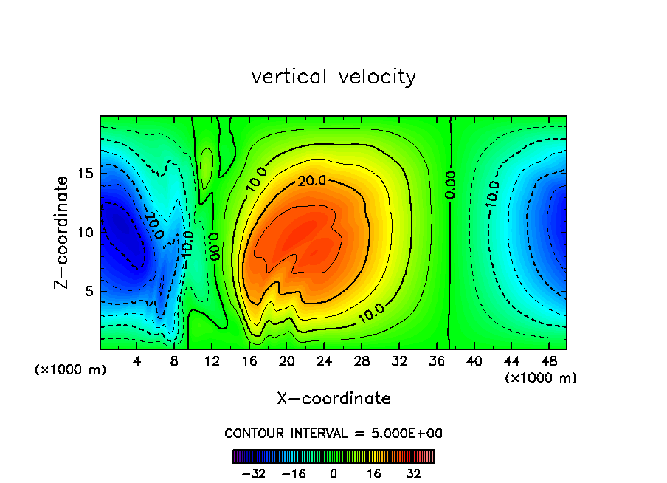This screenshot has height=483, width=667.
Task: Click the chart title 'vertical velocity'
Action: (333, 77)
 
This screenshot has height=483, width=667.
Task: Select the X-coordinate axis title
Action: (333, 399)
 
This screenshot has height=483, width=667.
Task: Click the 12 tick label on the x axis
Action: (212, 361)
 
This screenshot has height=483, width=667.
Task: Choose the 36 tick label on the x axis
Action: (436, 361)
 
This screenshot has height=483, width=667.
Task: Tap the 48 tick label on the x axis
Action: (548, 361)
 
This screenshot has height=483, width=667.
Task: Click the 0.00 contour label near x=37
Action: (450, 185)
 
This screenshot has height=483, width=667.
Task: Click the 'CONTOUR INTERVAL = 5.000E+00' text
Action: (333, 434)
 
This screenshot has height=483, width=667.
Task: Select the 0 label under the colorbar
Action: (333, 473)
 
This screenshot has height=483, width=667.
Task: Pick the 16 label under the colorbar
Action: (373, 473)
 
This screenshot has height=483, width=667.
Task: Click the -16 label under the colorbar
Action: (294, 473)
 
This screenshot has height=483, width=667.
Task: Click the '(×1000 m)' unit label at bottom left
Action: (71, 370)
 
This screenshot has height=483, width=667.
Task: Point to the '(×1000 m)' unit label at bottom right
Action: (541, 378)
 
